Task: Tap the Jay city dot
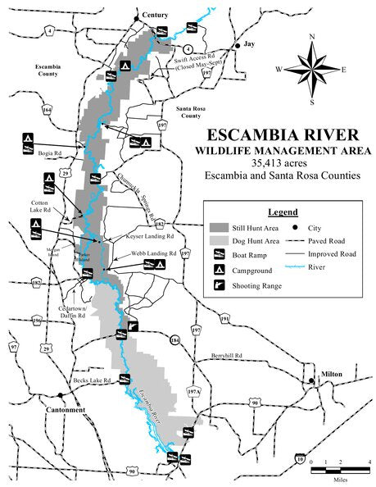tap(238, 47)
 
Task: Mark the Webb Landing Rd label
tap(155, 253)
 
